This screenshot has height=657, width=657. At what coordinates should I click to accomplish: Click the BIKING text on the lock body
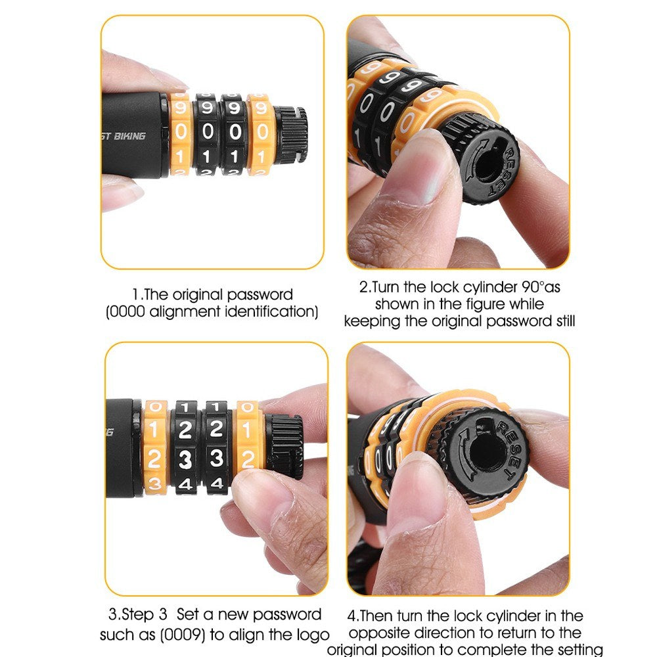[129, 136]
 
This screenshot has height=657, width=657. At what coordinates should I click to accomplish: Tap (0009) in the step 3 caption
[183, 635]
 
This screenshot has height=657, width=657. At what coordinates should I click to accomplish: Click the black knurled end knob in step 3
[285, 446]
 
